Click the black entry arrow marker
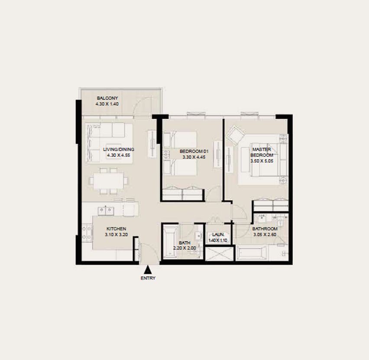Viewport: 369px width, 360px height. coord(148,269)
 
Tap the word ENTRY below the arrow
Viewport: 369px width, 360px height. coord(148,278)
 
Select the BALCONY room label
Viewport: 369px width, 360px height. coord(107,98)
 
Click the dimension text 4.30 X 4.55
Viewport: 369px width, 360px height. coord(119,155)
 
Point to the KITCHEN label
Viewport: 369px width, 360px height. coord(116,229)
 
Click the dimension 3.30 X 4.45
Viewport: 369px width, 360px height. coord(194,157)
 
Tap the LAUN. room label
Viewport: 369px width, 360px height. coord(218,234)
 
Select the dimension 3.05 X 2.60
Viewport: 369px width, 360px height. coord(265,234)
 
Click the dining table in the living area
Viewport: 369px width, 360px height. coord(108,181)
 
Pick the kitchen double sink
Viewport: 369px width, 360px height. coord(106,211)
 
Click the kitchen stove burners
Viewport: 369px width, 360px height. coord(87,233)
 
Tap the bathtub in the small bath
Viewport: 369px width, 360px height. coord(170,242)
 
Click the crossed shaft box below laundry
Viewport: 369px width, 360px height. coord(220,254)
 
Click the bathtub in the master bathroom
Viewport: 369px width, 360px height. coord(252,253)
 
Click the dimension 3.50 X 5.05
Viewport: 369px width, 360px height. coord(262,161)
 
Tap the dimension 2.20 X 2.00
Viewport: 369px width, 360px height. coord(184,248)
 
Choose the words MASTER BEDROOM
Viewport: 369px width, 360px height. coord(262,152)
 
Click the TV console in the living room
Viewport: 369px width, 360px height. coord(152,144)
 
